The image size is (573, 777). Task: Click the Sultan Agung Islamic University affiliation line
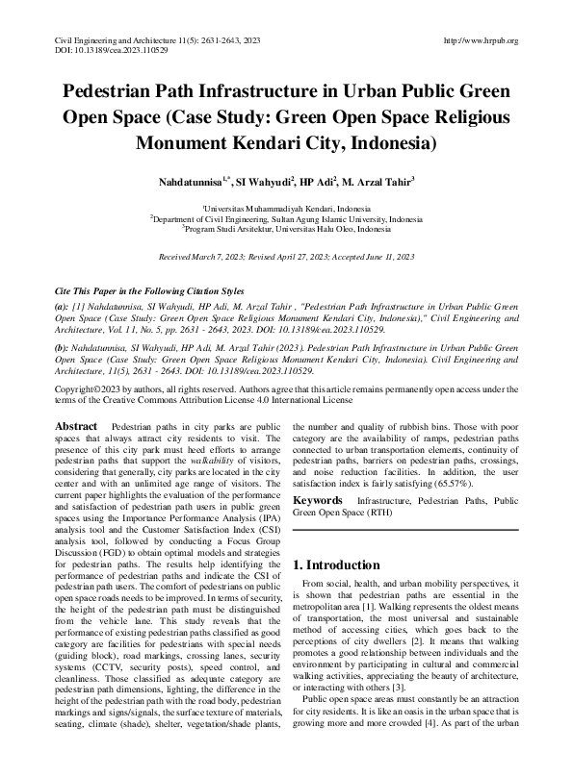click(x=287, y=219)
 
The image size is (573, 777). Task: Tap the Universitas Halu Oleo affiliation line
click(x=287, y=230)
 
